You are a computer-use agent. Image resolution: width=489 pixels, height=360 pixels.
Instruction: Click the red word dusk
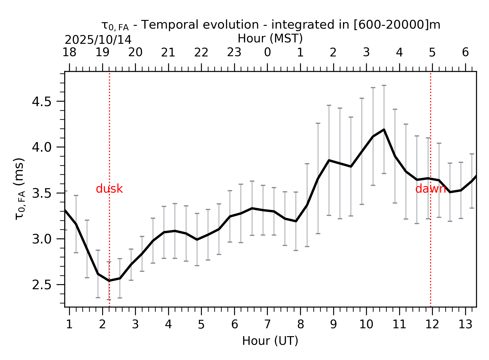(109, 189)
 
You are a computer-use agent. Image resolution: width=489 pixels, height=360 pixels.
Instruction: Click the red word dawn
(430, 189)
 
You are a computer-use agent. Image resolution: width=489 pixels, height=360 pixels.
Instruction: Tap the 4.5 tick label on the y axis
(42, 102)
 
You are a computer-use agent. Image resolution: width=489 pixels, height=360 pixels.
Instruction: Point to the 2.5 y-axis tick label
(42, 285)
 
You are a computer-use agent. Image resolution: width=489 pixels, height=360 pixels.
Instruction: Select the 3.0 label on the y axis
(42, 239)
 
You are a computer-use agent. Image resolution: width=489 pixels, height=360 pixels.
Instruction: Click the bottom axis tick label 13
(465, 325)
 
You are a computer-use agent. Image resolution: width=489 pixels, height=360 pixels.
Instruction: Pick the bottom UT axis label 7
(267, 325)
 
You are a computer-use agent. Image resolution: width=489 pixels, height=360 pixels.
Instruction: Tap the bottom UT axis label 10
(366, 325)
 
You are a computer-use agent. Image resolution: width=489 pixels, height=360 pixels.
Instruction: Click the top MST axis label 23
(234, 53)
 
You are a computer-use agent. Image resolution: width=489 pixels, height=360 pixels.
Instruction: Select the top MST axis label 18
(69, 53)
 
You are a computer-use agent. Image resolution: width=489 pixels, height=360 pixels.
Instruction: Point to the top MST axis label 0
(267, 53)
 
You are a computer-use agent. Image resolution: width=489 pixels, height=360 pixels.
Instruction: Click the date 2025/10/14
(98, 40)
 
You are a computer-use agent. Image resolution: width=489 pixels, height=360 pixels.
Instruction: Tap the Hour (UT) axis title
(270, 341)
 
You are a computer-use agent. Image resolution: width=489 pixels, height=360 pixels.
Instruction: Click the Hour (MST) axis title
(270, 38)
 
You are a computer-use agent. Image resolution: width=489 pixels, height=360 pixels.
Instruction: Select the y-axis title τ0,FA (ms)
(20, 189)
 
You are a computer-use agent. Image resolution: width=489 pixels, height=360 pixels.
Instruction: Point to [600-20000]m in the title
(397, 25)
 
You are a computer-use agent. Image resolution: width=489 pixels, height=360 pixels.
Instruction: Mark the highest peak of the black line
(384, 129)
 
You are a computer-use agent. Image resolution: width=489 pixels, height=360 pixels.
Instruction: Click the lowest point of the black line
(109, 281)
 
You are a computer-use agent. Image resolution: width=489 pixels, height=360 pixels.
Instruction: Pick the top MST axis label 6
(465, 53)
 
